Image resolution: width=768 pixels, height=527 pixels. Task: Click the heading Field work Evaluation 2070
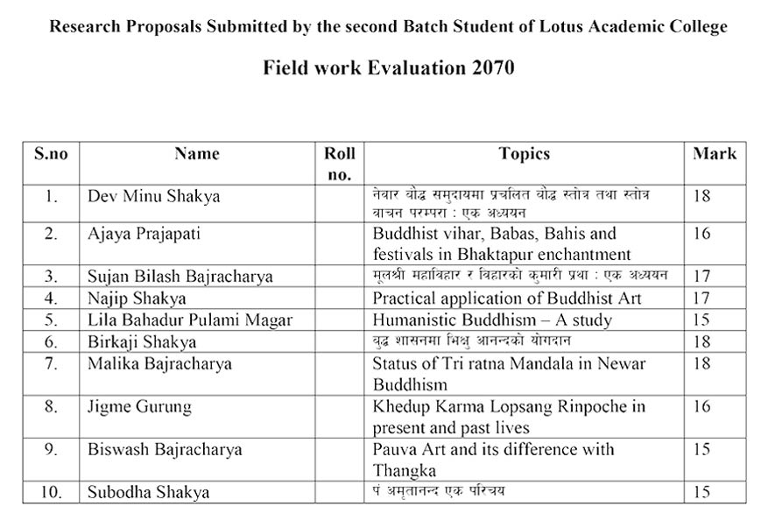coord(388,68)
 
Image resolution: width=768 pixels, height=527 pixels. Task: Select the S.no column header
coord(51,154)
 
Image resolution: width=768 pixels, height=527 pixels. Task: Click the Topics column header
coord(525,154)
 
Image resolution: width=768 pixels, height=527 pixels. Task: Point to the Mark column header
coord(715,154)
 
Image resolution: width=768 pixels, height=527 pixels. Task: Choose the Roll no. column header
coord(340,164)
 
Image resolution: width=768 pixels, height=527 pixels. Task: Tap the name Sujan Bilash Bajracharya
coord(180,277)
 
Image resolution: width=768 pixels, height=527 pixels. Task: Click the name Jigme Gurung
coord(139,407)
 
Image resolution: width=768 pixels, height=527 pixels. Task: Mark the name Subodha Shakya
coord(149,492)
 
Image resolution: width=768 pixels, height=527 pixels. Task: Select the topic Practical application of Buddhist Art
coord(507,299)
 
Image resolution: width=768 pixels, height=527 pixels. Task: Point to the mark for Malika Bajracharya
coord(701,362)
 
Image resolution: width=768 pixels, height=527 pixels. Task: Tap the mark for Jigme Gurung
coord(701,407)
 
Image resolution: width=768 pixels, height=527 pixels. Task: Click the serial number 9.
coord(51,450)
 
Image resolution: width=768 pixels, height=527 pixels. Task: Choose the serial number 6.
coord(51,341)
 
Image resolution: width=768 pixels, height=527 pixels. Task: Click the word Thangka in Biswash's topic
coord(404,471)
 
